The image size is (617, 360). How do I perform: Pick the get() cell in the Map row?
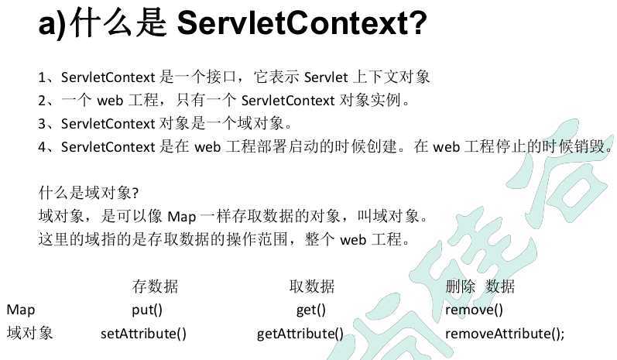(310, 310)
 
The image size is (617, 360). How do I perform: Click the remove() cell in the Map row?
(474, 310)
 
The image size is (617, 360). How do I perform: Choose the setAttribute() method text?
(144, 334)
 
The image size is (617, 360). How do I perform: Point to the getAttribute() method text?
(300, 334)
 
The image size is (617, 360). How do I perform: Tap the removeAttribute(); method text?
(505, 334)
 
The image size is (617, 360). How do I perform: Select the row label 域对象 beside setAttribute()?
(29, 334)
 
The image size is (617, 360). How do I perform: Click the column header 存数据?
(155, 286)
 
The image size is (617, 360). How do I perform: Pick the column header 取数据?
(311, 286)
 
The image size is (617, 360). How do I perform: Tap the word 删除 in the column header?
(460, 286)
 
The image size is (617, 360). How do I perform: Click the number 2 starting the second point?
(42, 101)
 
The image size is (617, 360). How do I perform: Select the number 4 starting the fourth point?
(42, 146)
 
